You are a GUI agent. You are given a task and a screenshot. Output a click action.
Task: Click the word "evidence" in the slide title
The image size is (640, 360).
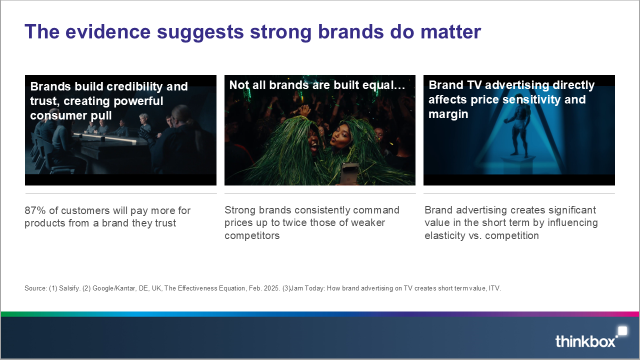click(x=107, y=31)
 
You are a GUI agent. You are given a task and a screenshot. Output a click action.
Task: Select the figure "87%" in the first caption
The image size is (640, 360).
click(x=35, y=210)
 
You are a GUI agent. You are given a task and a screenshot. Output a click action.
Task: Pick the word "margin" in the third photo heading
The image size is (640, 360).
click(x=448, y=114)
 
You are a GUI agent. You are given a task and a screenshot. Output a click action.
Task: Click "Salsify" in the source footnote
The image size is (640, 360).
click(x=69, y=288)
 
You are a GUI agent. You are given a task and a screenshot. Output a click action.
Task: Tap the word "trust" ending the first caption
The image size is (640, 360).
click(x=165, y=223)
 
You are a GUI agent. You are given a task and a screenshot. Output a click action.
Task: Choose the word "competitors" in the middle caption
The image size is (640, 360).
click(x=252, y=235)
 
